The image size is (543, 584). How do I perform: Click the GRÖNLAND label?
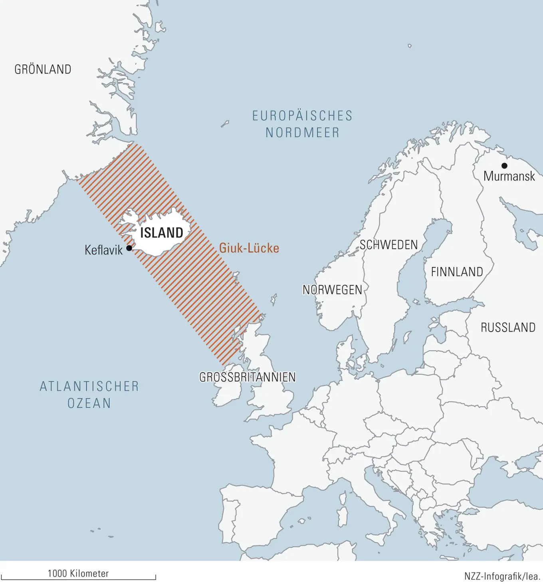(43, 70)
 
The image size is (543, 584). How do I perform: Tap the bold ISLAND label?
(162, 232)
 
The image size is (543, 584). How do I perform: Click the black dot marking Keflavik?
(129, 248)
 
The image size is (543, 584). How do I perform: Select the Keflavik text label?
(103, 250)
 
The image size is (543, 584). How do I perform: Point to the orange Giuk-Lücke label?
(249, 248)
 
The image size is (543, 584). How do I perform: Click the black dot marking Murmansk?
(504, 166)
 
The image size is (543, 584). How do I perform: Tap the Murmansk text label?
(509, 176)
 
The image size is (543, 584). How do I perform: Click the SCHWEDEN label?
(388, 245)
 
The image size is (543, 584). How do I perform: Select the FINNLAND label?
(457, 272)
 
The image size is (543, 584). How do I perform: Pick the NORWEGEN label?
(332, 290)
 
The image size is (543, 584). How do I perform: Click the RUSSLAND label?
(508, 328)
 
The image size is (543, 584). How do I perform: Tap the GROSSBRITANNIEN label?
(248, 377)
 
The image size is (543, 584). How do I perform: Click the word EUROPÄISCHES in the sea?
(302, 116)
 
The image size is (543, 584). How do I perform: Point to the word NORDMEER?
(303, 133)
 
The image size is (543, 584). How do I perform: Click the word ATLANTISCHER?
(89, 386)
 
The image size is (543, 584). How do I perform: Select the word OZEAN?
(89, 403)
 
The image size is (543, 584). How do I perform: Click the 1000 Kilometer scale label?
(78, 574)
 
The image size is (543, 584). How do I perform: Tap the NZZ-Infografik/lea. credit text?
(502, 576)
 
